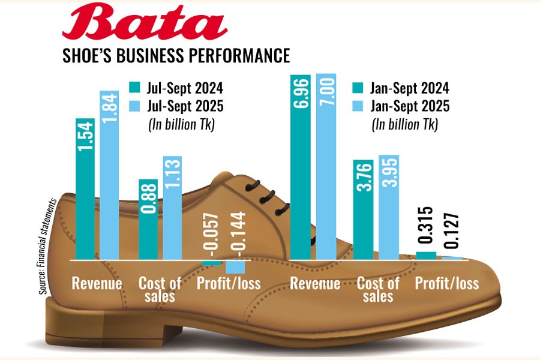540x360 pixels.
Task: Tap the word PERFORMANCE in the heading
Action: (x=236, y=56)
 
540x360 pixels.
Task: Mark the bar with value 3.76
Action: (x=363, y=210)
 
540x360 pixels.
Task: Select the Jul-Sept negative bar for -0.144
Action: (x=234, y=267)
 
